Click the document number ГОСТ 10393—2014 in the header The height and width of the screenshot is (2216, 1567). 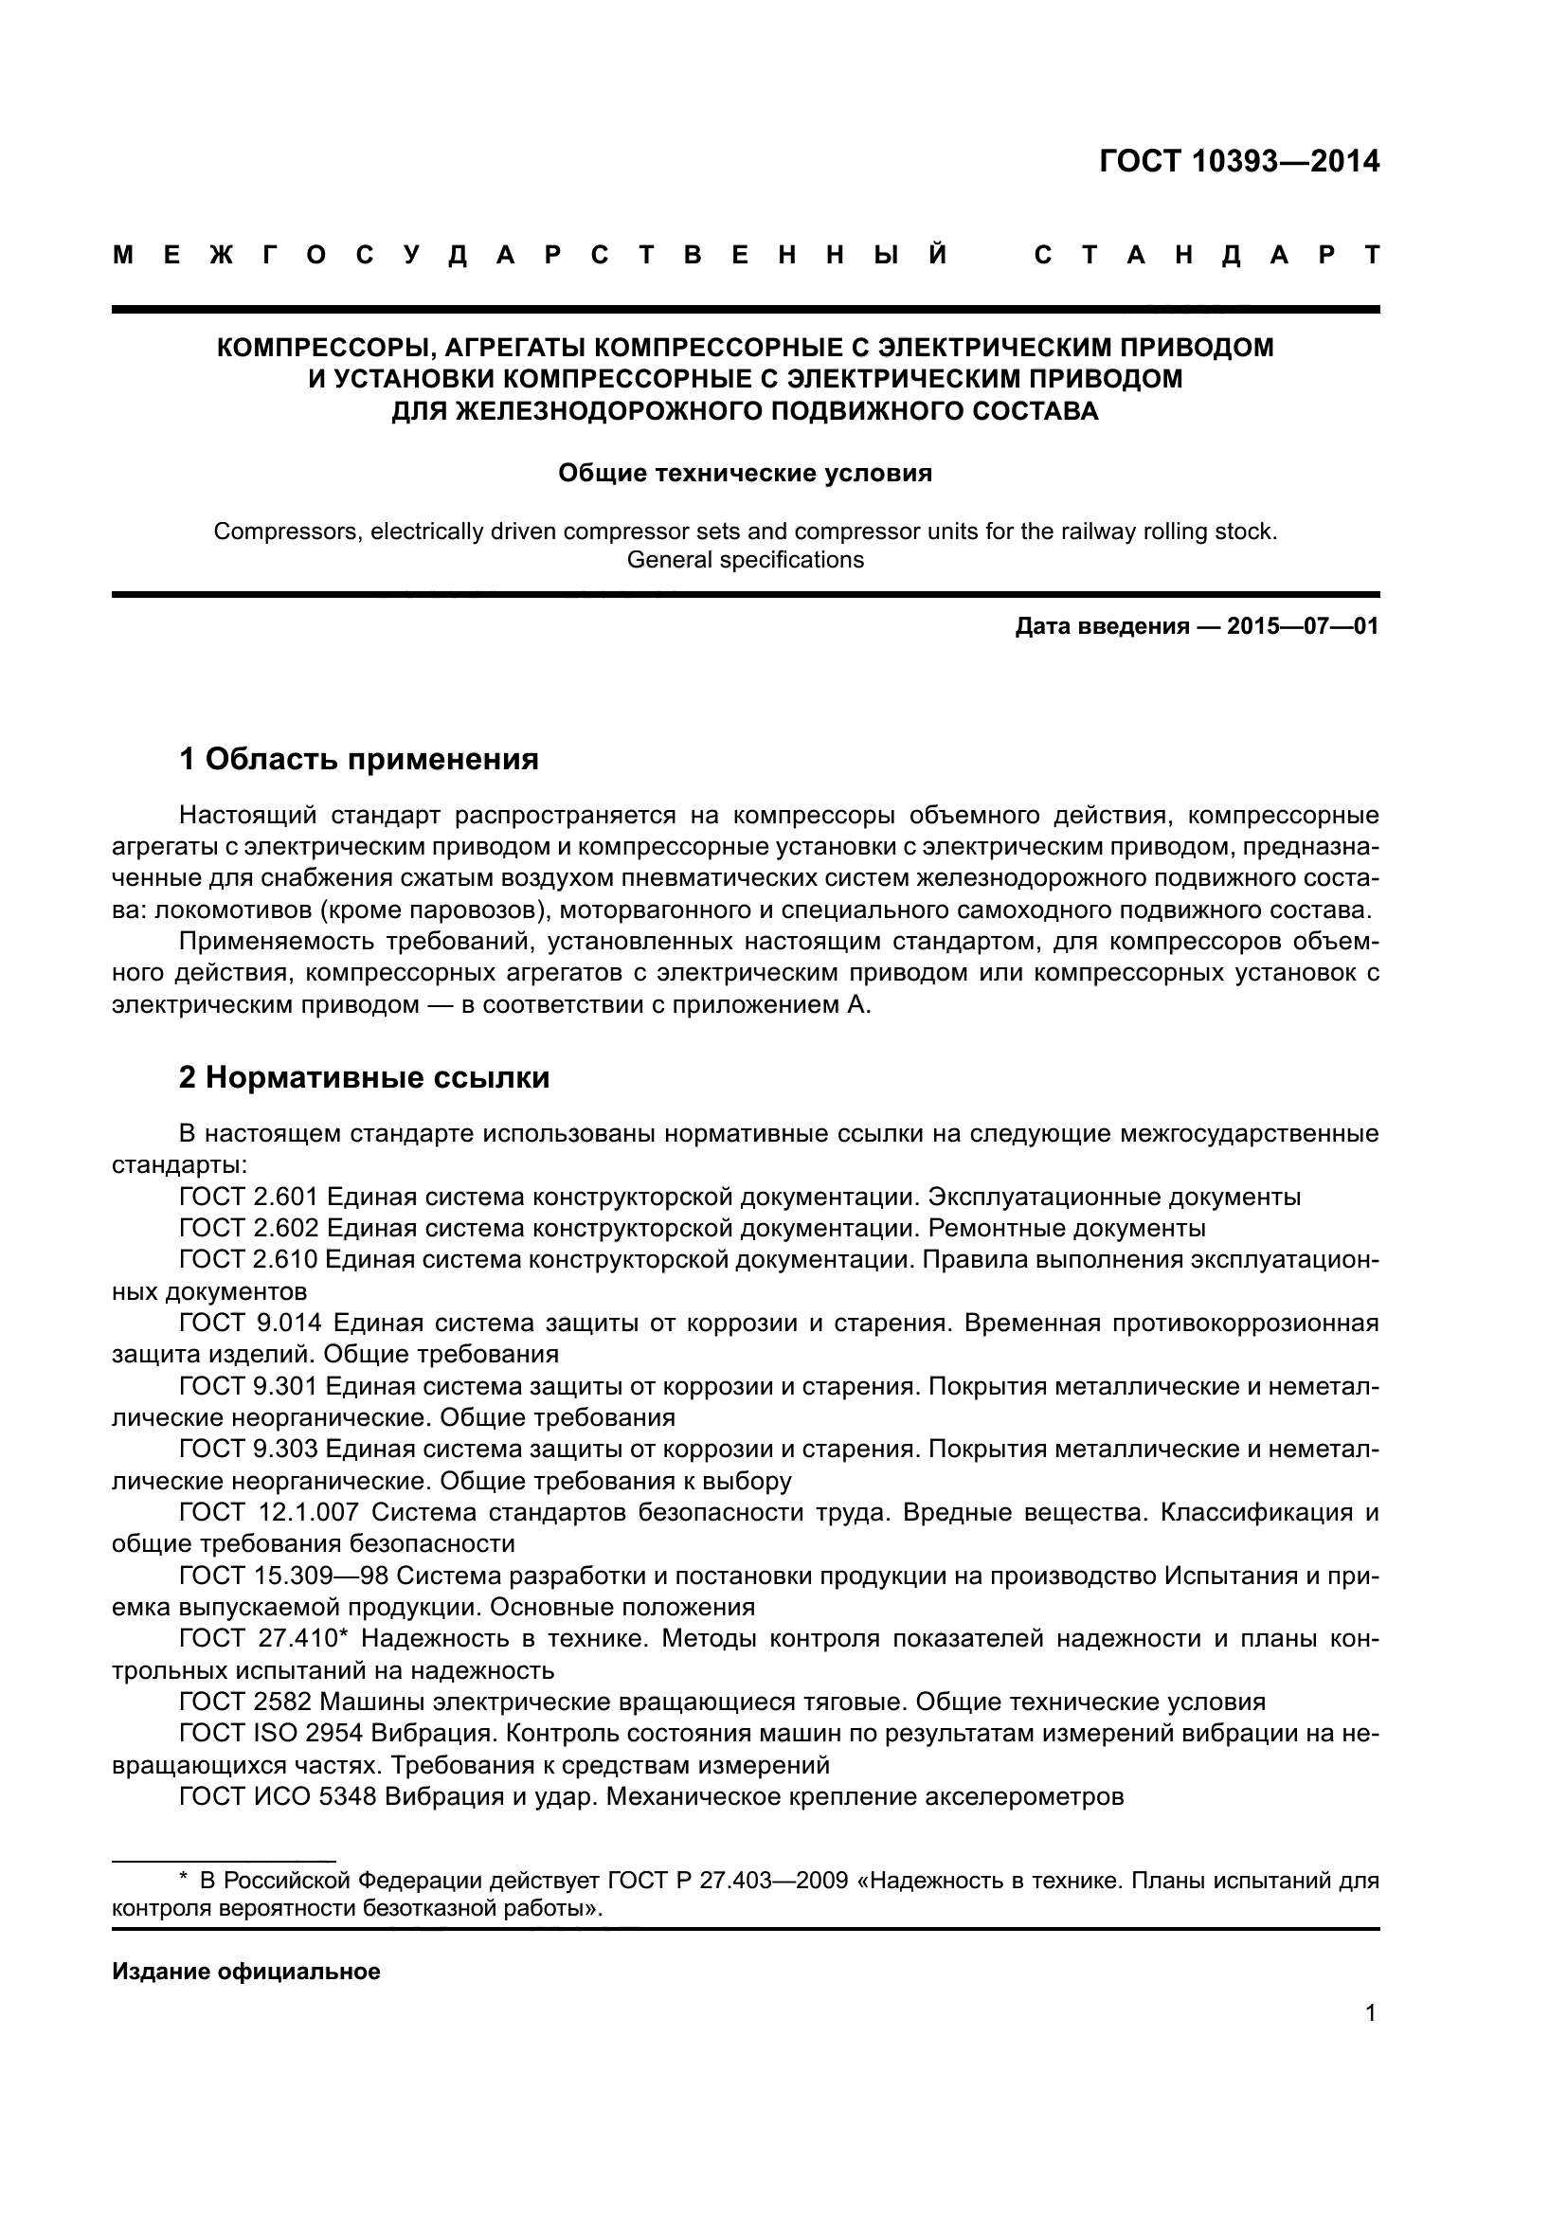[x=1239, y=160]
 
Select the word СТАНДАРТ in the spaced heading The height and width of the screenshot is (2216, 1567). [x=1206, y=256]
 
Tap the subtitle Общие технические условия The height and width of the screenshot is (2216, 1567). [x=745, y=473]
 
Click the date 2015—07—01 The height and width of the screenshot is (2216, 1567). [x=1302, y=626]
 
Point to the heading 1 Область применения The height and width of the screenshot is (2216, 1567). [x=358, y=759]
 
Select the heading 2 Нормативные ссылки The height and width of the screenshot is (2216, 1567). [x=364, y=1077]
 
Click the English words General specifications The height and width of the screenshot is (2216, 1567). [x=745, y=560]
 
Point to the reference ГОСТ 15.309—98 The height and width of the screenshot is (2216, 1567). [x=282, y=1576]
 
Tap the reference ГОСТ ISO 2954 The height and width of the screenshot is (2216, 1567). [x=271, y=1734]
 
